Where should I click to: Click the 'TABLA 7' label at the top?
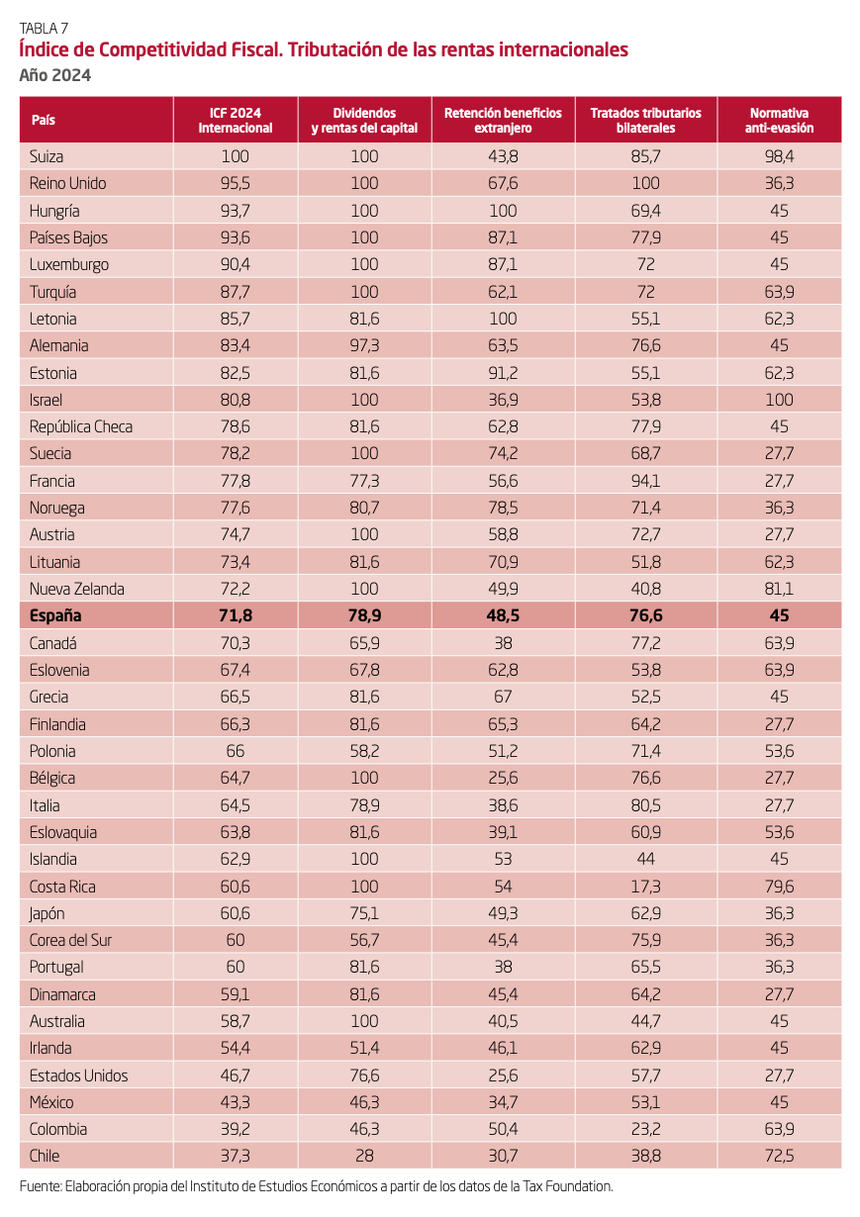pyautogui.click(x=44, y=27)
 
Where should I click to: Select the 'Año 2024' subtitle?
pyautogui.click(x=55, y=75)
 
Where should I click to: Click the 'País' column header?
pyautogui.click(x=43, y=120)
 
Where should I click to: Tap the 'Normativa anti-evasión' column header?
pyautogui.click(x=780, y=120)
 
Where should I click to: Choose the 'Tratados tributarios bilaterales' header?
pyautogui.click(x=645, y=120)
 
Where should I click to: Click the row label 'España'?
pyautogui.click(x=55, y=615)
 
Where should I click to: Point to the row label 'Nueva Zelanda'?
pyautogui.click(x=77, y=589)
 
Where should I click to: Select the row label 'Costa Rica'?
pyautogui.click(x=62, y=887)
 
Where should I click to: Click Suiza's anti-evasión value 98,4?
pyautogui.click(x=780, y=156)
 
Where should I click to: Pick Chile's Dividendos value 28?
pyautogui.click(x=364, y=1156)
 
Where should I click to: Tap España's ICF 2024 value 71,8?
pyautogui.click(x=236, y=615)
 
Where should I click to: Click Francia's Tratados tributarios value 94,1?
pyautogui.click(x=645, y=481)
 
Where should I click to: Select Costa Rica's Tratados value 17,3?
pyautogui.click(x=645, y=887)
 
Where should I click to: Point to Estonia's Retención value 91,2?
pyautogui.click(x=503, y=373)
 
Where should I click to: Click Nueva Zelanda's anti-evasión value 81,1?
pyautogui.click(x=780, y=589)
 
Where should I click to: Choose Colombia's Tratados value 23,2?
pyautogui.click(x=645, y=1129)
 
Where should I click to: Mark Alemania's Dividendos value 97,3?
pyautogui.click(x=364, y=345)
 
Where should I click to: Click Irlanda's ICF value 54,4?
pyautogui.click(x=236, y=1048)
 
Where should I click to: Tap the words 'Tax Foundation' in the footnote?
pyautogui.click(x=567, y=1185)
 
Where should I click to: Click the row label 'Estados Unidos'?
pyautogui.click(x=79, y=1076)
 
